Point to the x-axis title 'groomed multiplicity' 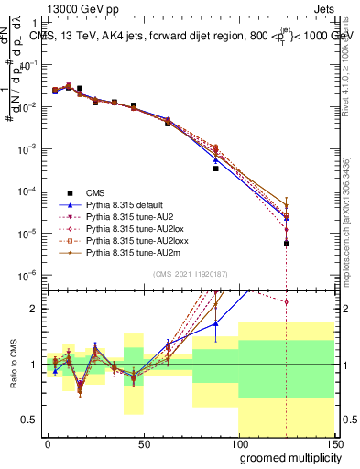pyautogui.click(x=286, y=457)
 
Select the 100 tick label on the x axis pyautogui.click(x=238, y=443)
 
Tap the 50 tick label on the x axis pyautogui.click(x=143, y=443)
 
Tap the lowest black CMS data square pyautogui.click(x=287, y=244)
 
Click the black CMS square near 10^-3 pyautogui.click(x=215, y=169)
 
